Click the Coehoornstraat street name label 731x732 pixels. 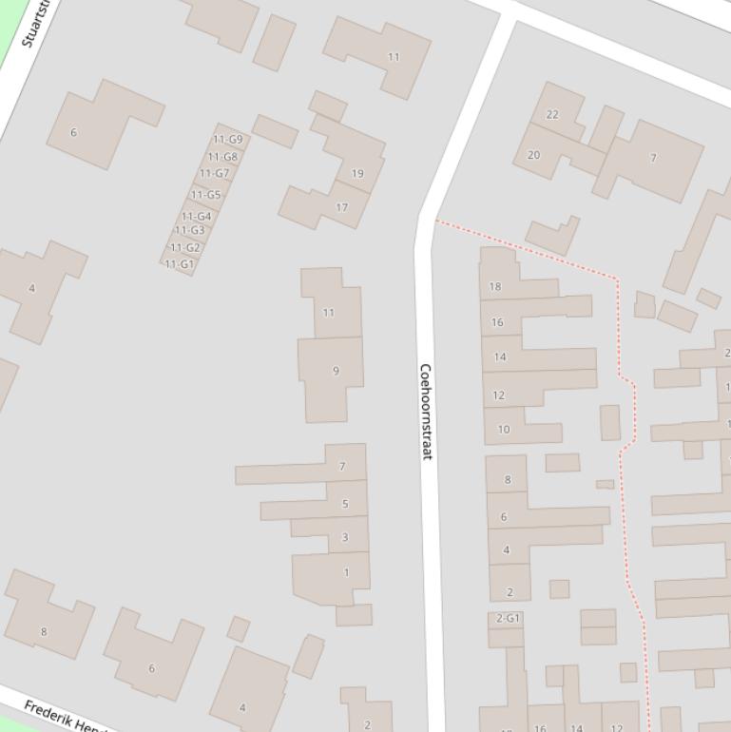pyautogui.click(x=426, y=412)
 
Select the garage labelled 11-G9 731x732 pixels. pyautogui.click(x=227, y=140)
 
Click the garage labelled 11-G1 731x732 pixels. pyautogui.click(x=179, y=264)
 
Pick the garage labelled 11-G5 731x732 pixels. pyautogui.click(x=205, y=195)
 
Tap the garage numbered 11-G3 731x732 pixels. pyautogui.click(x=189, y=230)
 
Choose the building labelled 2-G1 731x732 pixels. pyautogui.click(x=508, y=618)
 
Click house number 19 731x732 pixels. pyautogui.click(x=357, y=173)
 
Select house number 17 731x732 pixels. pyautogui.click(x=341, y=207)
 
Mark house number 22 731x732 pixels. pyautogui.click(x=552, y=114)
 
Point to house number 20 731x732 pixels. pyautogui.click(x=533, y=155)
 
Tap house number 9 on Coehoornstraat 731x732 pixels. pyautogui.click(x=335, y=371)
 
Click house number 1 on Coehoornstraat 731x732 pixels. pyautogui.click(x=346, y=572)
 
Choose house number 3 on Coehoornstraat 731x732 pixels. pyautogui.click(x=345, y=537)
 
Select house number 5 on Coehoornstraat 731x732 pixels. pyautogui.click(x=345, y=504)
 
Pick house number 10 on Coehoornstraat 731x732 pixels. pyautogui.click(x=504, y=430)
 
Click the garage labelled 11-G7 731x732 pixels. pyautogui.click(x=215, y=174)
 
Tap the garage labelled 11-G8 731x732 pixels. pyautogui.click(x=222, y=157)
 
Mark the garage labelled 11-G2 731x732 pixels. pyautogui.click(x=184, y=247)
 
